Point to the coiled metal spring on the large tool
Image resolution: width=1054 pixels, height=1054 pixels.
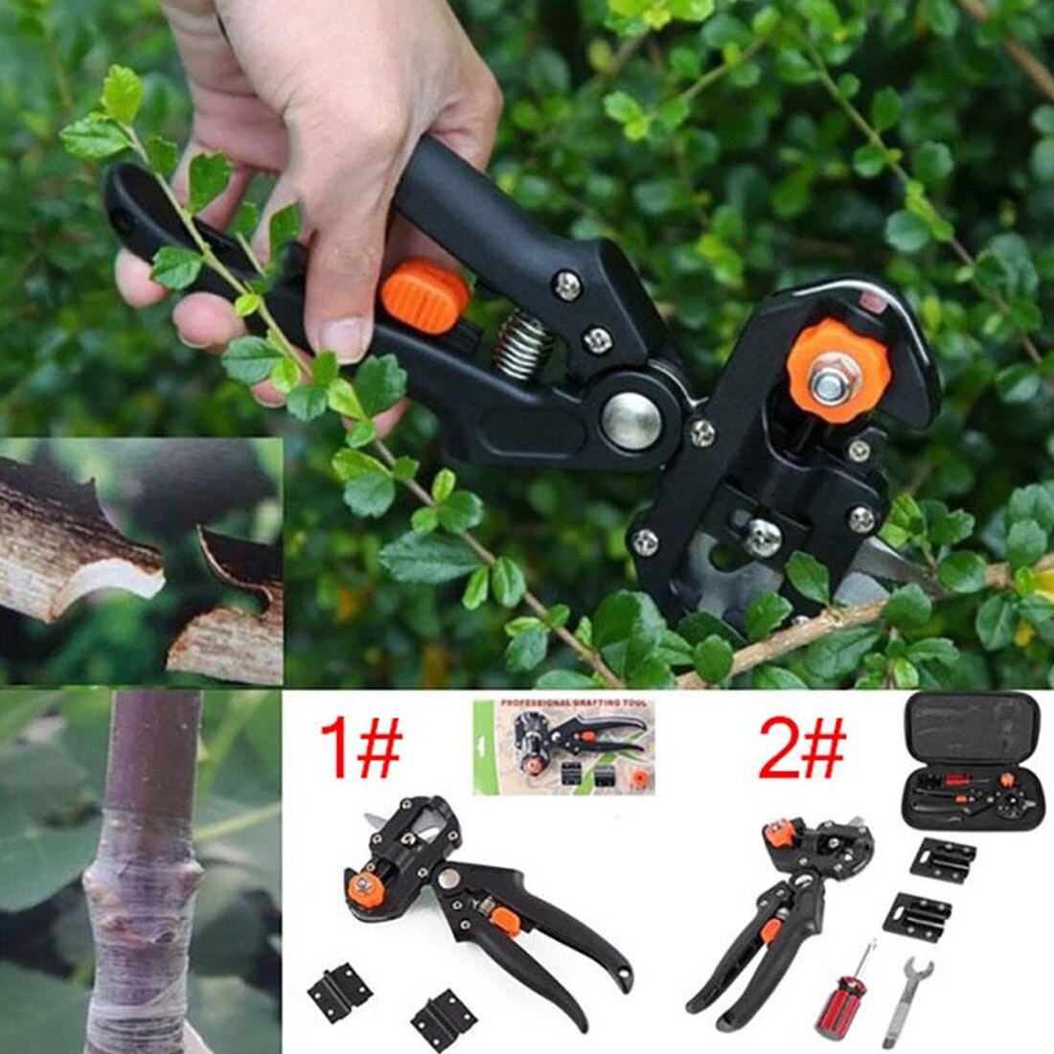[521, 345]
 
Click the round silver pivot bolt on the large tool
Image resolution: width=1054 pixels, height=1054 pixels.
[631, 420]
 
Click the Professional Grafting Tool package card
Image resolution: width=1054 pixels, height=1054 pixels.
[563, 746]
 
